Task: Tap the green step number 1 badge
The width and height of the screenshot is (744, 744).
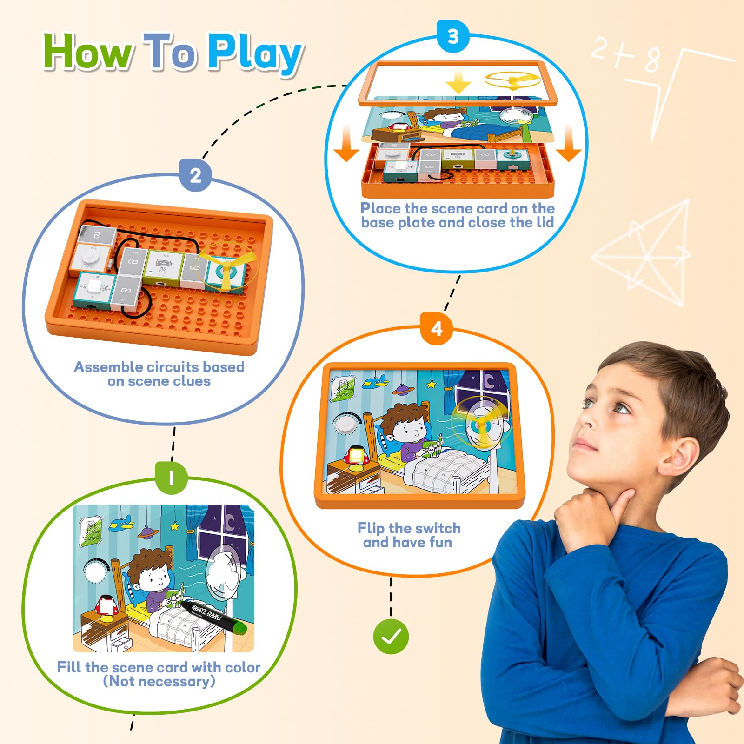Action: [x=172, y=478]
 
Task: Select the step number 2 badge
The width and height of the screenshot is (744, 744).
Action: [x=195, y=175]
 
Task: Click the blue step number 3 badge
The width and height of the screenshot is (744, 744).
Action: [x=453, y=36]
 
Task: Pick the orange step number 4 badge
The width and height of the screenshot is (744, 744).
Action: [x=436, y=329]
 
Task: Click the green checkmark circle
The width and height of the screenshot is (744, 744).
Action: [x=391, y=637]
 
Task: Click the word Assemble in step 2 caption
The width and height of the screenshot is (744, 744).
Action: [x=108, y=367]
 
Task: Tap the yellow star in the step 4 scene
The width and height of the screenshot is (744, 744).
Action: [x=431, y=384]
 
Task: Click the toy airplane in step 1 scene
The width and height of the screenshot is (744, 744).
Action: [x=121, y=524]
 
